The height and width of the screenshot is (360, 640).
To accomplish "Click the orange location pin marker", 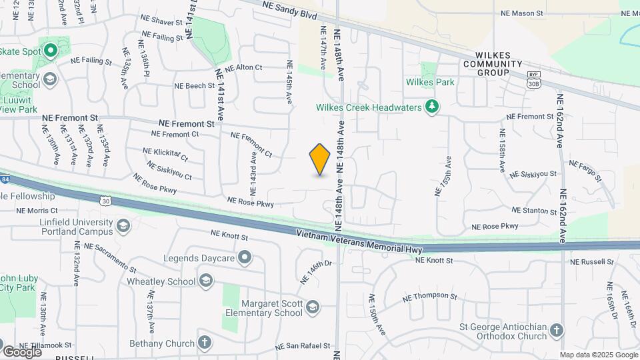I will (320, 159).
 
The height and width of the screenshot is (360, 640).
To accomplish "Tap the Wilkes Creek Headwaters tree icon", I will (433, 107).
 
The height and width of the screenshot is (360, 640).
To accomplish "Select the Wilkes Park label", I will (430, 82).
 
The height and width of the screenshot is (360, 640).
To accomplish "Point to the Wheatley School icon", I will (206, 281).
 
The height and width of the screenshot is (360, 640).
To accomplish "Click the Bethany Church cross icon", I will (205, 343).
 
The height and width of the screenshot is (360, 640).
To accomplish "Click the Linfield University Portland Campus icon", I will (123, 227).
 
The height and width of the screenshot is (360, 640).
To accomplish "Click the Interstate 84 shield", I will (5, 179).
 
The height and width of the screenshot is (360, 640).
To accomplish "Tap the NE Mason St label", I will (523, 13).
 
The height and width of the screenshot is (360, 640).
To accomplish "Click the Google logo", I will (22, 351).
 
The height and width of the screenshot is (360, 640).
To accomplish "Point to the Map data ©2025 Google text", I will (598, 355).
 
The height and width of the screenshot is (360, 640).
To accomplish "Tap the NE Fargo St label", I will (585, 171).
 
